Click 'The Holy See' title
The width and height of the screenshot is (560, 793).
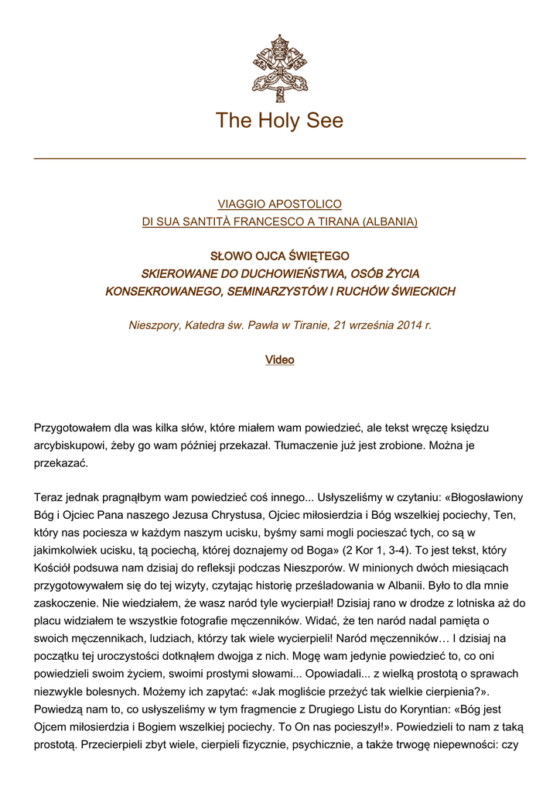click(279, 121)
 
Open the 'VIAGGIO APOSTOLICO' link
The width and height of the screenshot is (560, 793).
click(279, 204)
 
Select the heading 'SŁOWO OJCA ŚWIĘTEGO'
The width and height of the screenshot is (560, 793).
click(279, 256)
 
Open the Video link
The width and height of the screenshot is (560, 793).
click(279, 360)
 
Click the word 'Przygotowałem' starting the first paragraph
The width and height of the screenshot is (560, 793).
click(72, 427)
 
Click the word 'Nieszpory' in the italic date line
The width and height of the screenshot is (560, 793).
click(154, 326)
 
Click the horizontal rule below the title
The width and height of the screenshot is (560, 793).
click(279, 159)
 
